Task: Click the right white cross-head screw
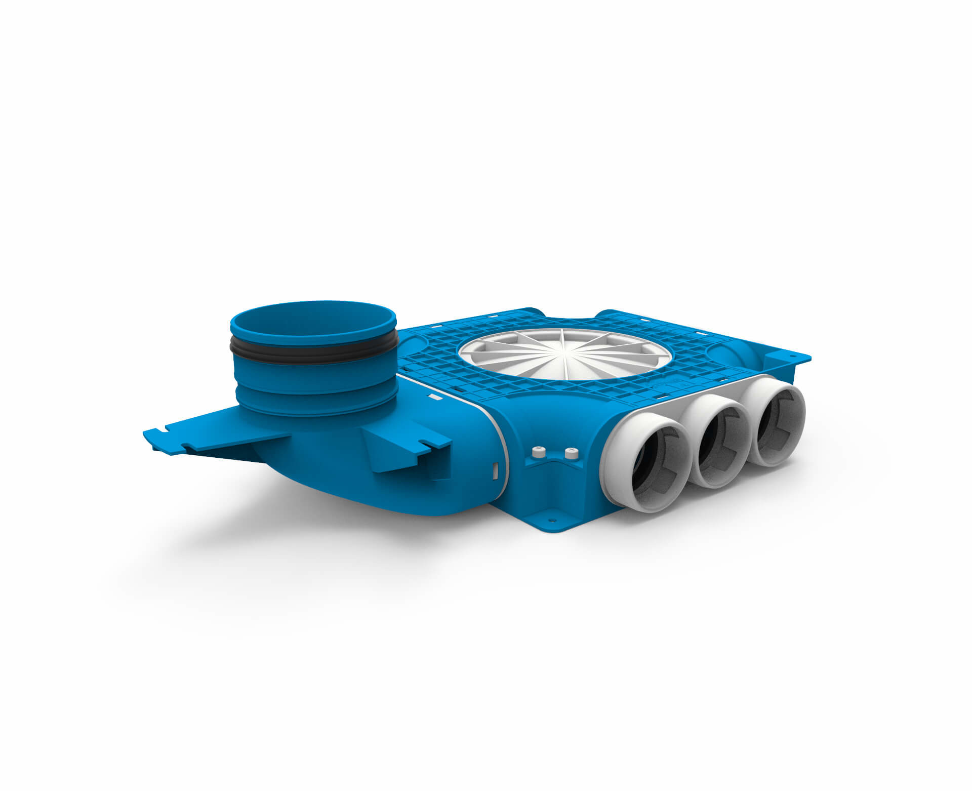tap(571, 450)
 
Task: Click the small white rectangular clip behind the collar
tap(434, 398)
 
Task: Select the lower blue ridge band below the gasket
tap(314, 400)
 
